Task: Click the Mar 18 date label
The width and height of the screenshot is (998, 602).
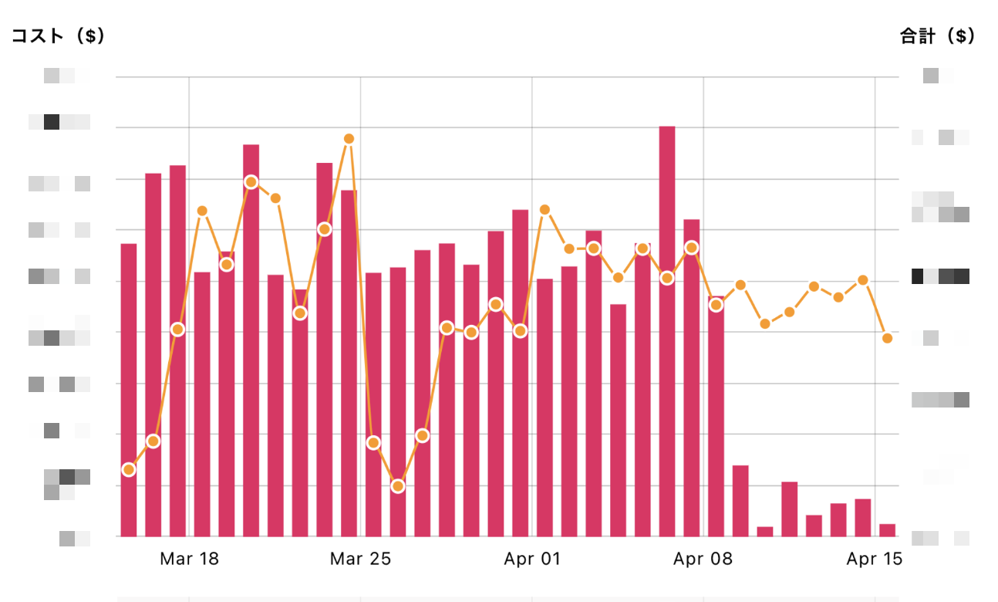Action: coord(189,559)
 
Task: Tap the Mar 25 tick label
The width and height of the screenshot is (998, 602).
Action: coord(360,559)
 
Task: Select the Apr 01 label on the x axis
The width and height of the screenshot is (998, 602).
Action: coord(531,559)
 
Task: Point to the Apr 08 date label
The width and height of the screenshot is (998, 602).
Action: coord(703,559)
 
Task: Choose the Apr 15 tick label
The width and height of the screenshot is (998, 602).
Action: coord(874,559)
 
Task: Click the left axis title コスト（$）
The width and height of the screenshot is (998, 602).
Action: coord(58,36)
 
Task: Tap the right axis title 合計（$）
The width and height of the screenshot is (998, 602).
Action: coord(937,36)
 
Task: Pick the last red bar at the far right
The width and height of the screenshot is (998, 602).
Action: coord(888,530)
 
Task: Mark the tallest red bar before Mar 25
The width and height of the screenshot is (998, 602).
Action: coord(251,340)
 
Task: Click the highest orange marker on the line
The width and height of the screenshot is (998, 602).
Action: coord(349,139)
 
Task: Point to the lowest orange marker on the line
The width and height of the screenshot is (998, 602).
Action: coord(398,486)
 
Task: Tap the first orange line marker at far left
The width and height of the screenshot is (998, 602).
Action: coord(129,469)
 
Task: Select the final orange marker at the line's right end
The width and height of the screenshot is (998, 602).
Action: coord(888,338)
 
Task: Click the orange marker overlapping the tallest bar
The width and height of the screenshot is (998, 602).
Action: coord(667,278)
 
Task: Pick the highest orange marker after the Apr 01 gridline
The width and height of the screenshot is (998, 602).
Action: coord(545,209)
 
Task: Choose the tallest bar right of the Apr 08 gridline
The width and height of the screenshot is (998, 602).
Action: coord(716,417)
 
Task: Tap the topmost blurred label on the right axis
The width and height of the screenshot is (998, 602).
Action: coord(931,76)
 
